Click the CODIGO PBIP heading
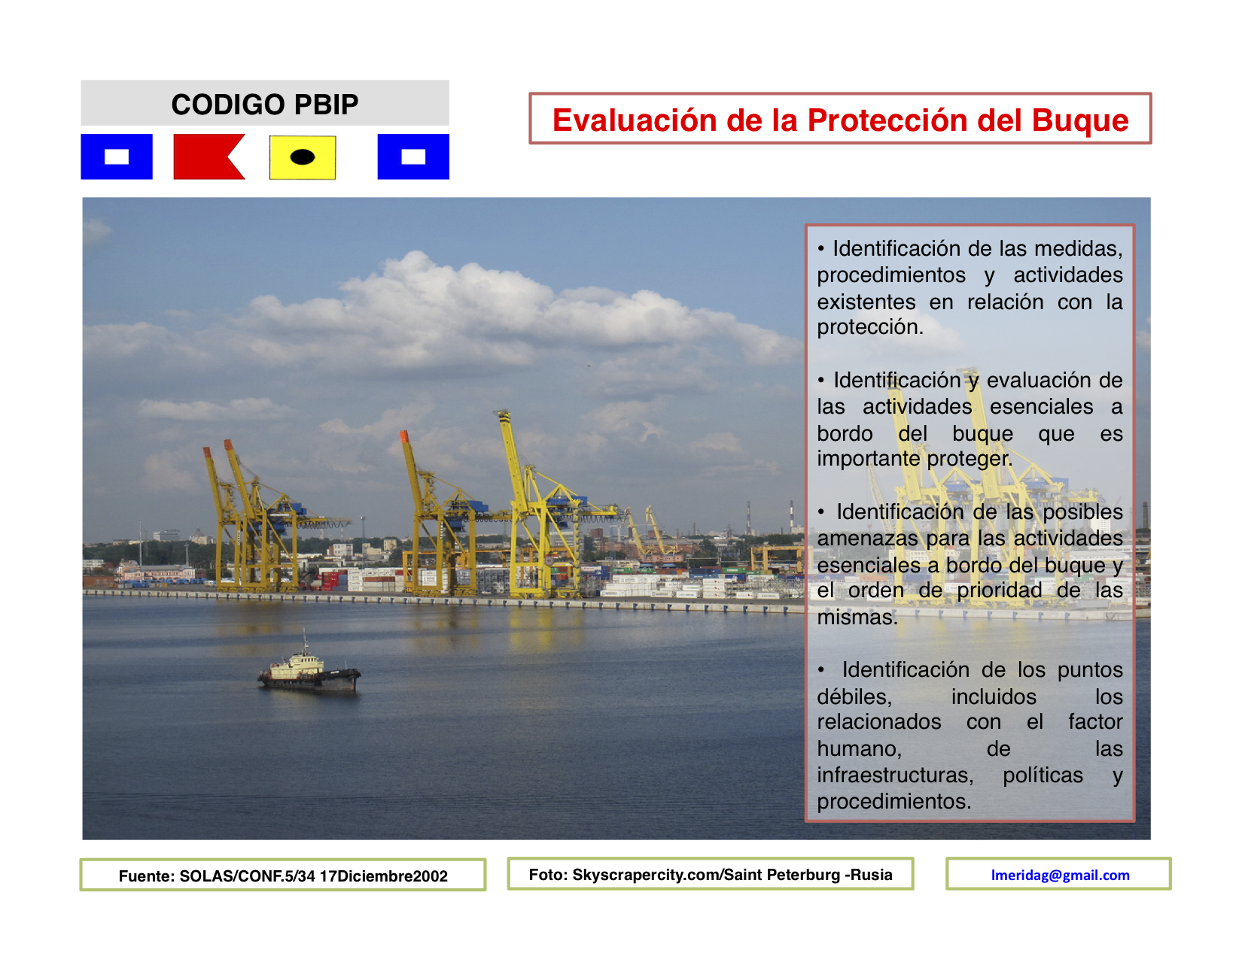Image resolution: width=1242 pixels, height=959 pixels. point(265,105)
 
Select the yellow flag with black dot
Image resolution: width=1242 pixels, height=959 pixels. point(303,157)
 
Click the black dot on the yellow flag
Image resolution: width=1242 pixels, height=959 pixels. point(303,156)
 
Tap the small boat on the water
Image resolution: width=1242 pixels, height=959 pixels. point(309,669)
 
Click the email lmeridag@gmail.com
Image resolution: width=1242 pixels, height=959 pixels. point(1061,875)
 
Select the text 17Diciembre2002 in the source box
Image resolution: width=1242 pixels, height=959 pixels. point(384,876)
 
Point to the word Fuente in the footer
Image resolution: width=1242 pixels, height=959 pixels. point(146,876)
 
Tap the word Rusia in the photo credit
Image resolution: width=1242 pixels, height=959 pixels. point(872,875)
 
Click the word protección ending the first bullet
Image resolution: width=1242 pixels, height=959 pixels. point(870,328)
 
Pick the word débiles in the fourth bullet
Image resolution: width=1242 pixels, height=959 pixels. point(854,697)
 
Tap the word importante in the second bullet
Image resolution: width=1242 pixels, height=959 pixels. point(868,460)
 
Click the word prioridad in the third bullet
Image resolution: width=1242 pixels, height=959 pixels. point(1000,591)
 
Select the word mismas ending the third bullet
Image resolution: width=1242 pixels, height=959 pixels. point(857,618)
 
